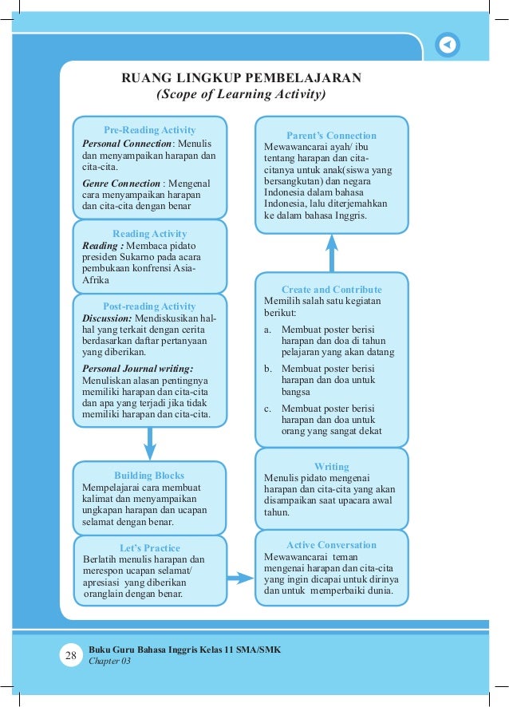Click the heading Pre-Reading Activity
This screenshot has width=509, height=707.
149,130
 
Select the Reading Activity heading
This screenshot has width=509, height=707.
149,234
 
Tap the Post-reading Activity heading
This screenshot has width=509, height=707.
149,306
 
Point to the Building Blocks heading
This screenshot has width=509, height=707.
149,475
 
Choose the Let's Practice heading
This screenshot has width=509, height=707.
149,548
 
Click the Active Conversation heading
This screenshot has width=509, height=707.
331,545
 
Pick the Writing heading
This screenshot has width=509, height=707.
331,467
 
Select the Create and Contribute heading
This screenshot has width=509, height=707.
331,290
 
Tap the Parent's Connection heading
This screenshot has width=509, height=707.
331,136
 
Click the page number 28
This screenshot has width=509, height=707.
70,656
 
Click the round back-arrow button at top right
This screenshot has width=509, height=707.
448,45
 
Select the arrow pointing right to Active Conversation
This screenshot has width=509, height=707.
236,576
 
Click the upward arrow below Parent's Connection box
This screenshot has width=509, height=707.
332,254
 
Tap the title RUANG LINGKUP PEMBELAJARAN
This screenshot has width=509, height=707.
241,78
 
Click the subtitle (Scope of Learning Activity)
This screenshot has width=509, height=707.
241,95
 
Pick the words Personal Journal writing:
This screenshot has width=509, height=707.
138,369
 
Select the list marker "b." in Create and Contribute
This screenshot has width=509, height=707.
269,369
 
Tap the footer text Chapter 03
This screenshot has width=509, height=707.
109,662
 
